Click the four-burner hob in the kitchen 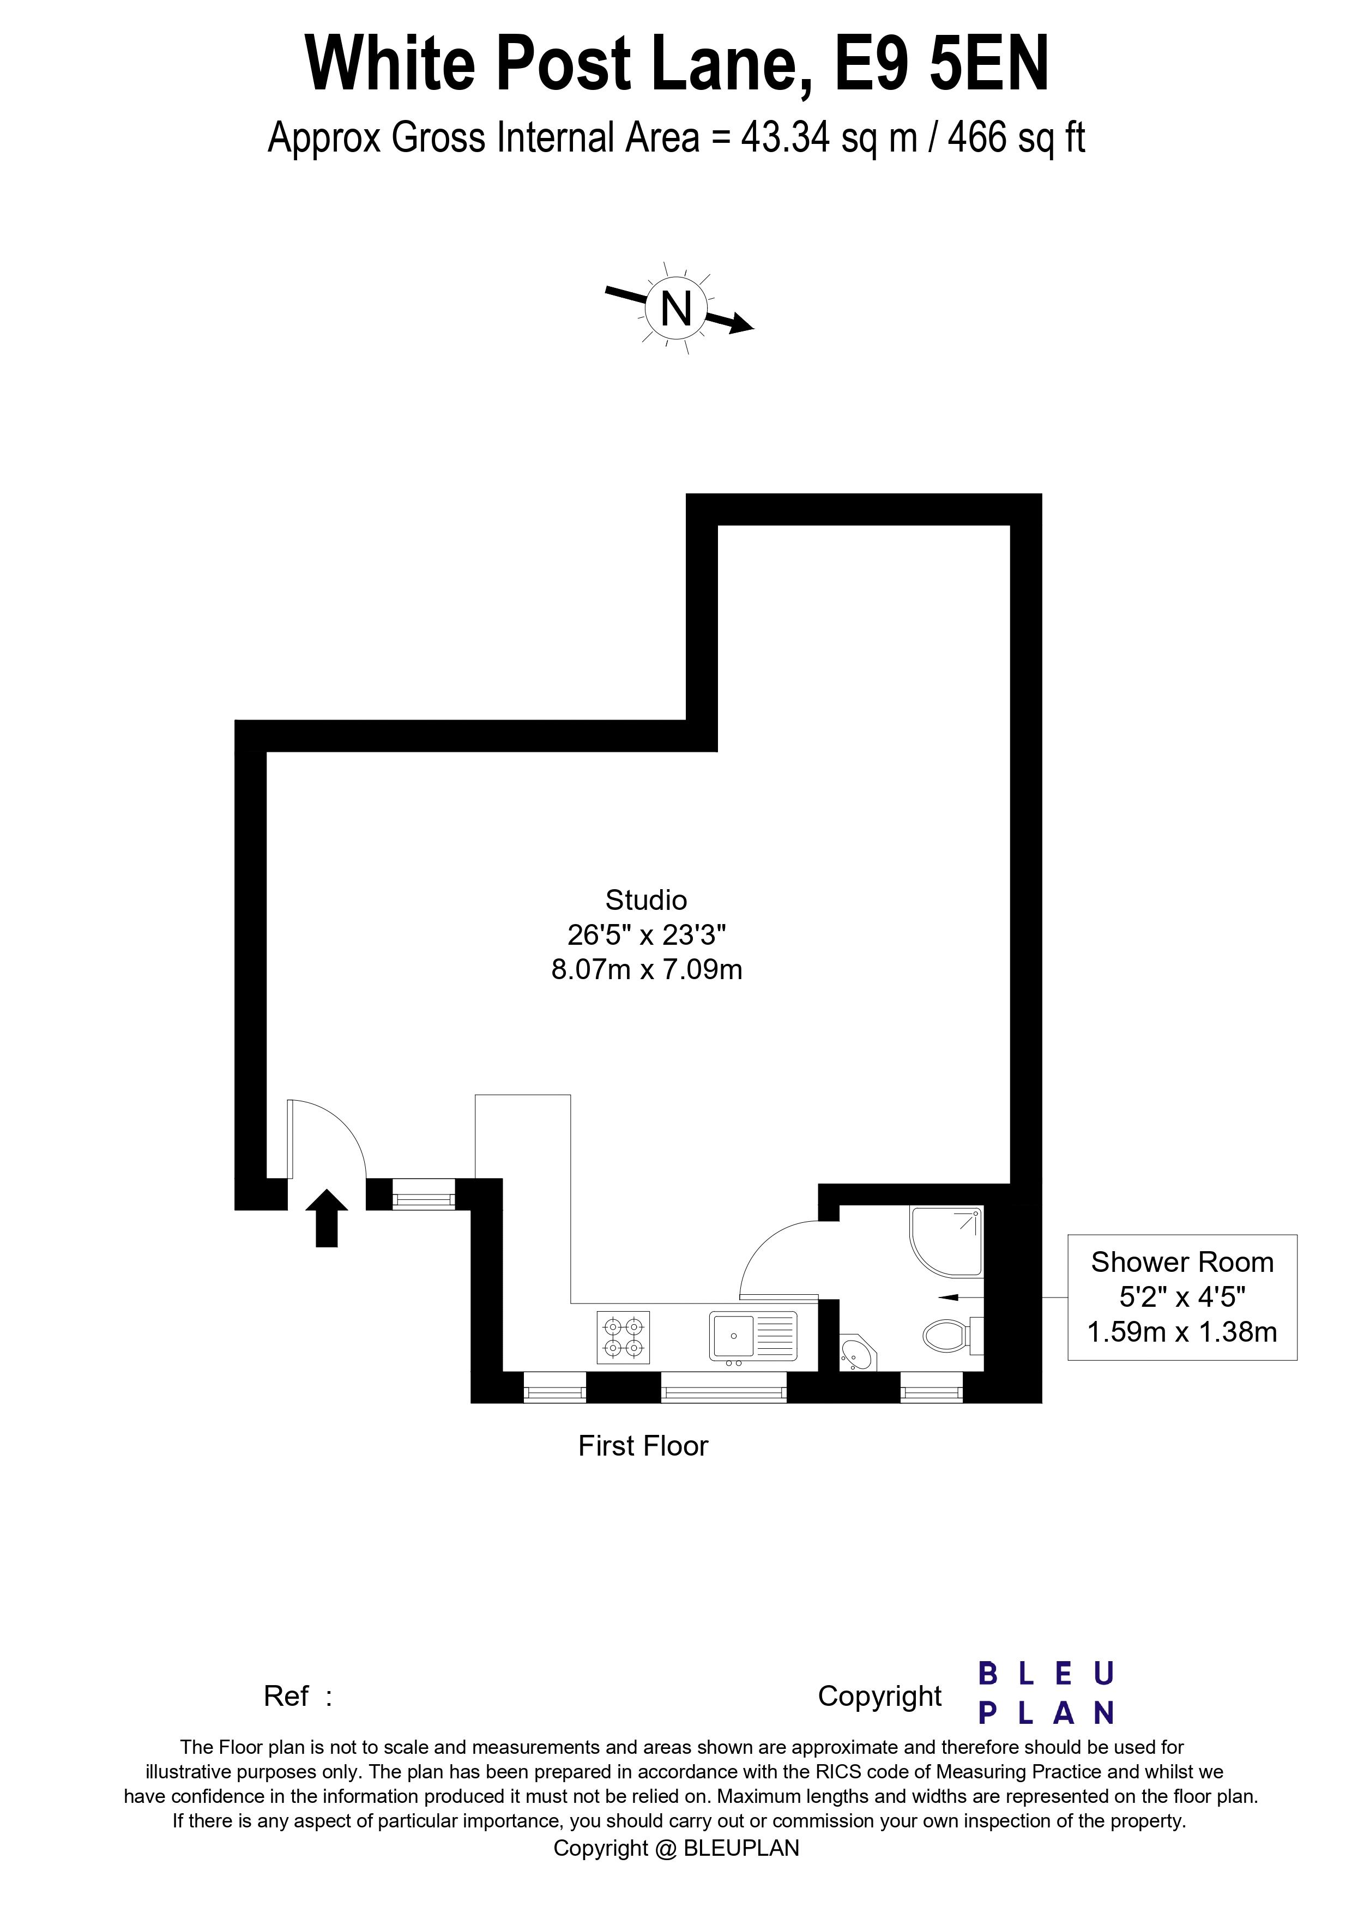[x=623, y=1337]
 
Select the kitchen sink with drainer [x=753, y=1336]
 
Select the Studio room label [x=647, y=900]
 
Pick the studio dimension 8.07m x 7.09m [x=647, y=970]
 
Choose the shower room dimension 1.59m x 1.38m [x=1182, y=1332]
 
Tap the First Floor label [x=643, y=1446]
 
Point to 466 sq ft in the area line [x=1016, y=137]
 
